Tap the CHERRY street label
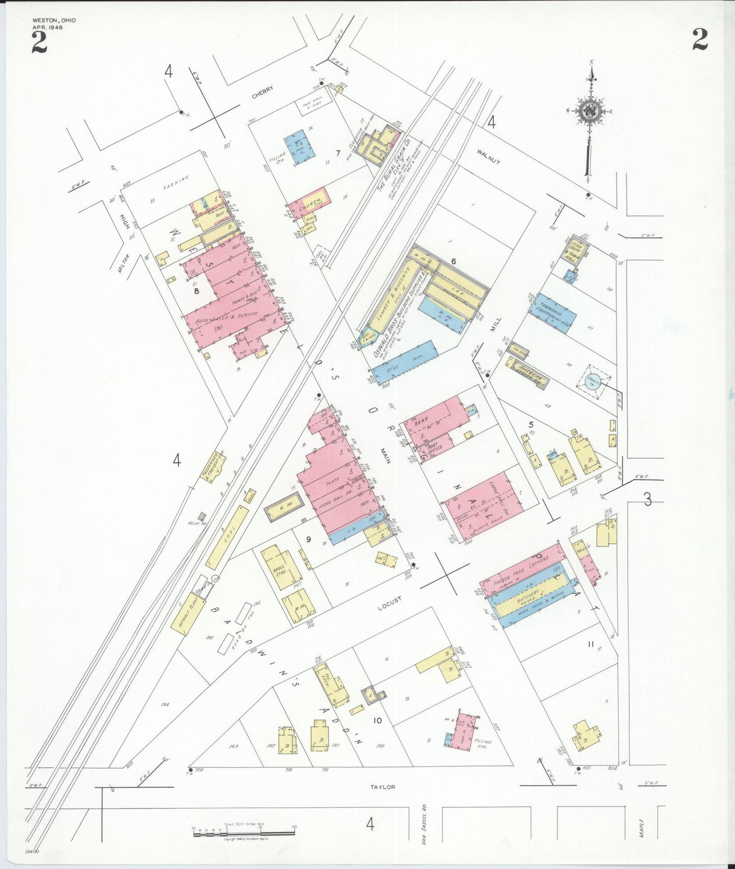(262, 92)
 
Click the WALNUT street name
(488, 157)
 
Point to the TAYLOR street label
(383, 787)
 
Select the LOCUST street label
(390, 603)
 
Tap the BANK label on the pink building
(421, 421)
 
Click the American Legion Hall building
(529, 374)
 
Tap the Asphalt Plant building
(188, 613)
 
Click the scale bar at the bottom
(244, 834)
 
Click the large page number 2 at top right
(700, 40)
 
